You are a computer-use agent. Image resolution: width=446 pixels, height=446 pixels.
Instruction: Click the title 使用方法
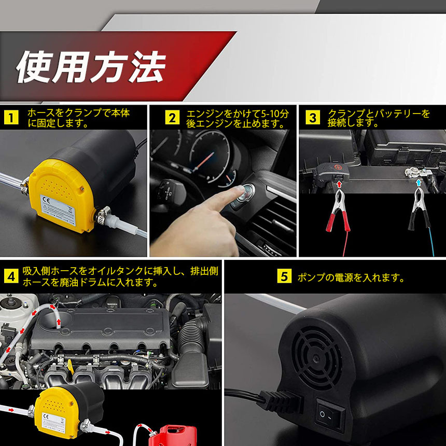tap(91, 67)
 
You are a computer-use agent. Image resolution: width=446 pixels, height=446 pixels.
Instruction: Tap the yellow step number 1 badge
tap(11, 118)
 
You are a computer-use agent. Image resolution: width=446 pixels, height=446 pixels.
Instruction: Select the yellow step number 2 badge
tap(172, 118)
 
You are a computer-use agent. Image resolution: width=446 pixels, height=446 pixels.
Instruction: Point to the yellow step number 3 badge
tap(313, 118)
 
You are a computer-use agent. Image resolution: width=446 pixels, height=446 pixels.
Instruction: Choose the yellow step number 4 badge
tap(11, 276)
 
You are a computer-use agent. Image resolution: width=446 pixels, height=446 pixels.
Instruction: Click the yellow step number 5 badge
tap(284, 276)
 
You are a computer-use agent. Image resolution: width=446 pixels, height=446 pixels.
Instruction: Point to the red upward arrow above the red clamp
tap(339, 184)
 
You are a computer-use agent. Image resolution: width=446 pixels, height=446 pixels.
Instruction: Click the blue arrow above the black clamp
tap(418, 183)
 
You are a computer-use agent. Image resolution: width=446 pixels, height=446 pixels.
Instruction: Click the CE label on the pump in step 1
tap(58, 210)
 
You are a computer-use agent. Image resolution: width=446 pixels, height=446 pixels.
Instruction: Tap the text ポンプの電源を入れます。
tap(351, 277)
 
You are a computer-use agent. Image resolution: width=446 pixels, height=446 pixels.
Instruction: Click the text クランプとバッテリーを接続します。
tap(378, 118)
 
